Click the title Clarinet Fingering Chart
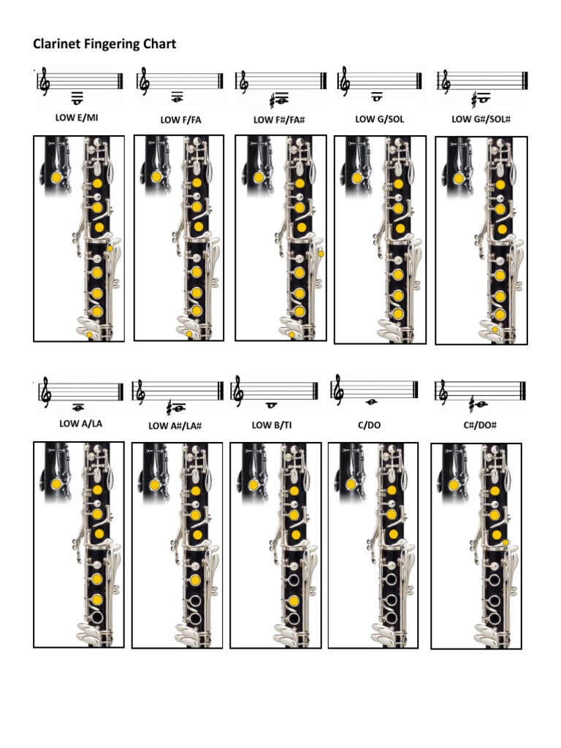(x=104, y=45)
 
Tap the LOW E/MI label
(x=76, y=117)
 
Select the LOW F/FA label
(x=180, y=119)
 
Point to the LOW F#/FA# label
(x=278, y=119)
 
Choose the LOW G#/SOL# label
(x=481, y=118)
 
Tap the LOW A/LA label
(x=80, y=423)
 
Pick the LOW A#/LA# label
(x=175, y=426)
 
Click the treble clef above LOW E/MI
(x=45, y=82)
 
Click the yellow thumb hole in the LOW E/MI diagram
(x=56, y=178)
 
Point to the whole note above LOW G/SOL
(x=376, y=96)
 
